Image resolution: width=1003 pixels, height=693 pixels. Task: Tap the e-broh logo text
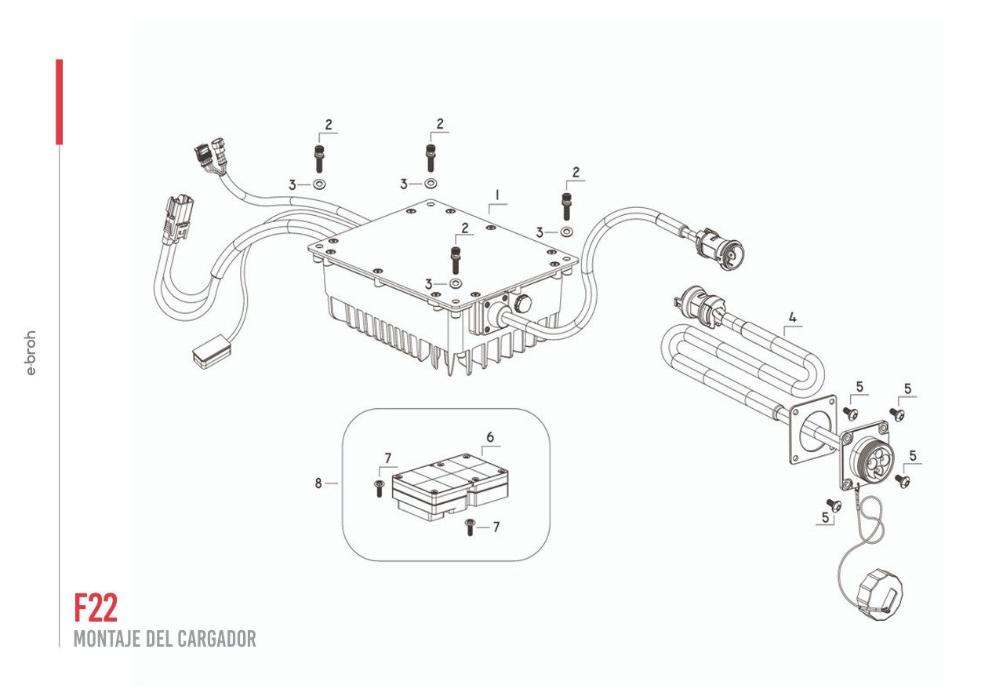pyautogui.click(x=31, y=352)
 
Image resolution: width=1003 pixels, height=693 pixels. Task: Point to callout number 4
pyautogui.click(x=792, y=318)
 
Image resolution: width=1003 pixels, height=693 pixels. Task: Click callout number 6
pyautogui.click(x=490, y=436)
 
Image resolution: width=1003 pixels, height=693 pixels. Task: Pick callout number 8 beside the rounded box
pyautogui.click(x=318, y=483)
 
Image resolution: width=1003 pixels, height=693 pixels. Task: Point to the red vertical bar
pyautogui.click(x=59, y=101)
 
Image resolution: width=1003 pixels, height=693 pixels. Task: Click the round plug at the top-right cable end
pyautogui.click(x=730, y=253)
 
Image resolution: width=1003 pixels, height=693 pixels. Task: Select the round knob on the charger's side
pyautogui.click(x=521, y=304)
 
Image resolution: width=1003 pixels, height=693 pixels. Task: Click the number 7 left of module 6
pyautogui.click(x=387, y=458)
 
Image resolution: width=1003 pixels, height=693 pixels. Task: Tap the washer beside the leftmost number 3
pyautogui.click(x=320, y=185)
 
